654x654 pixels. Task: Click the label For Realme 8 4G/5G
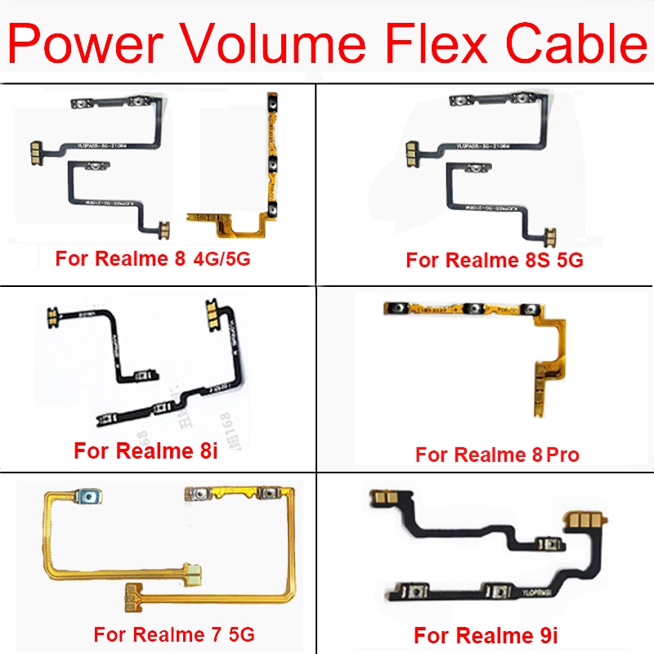pos(153,259)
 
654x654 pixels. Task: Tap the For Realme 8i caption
pos(146,450)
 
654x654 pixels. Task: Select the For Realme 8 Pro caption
pos(497,455)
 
